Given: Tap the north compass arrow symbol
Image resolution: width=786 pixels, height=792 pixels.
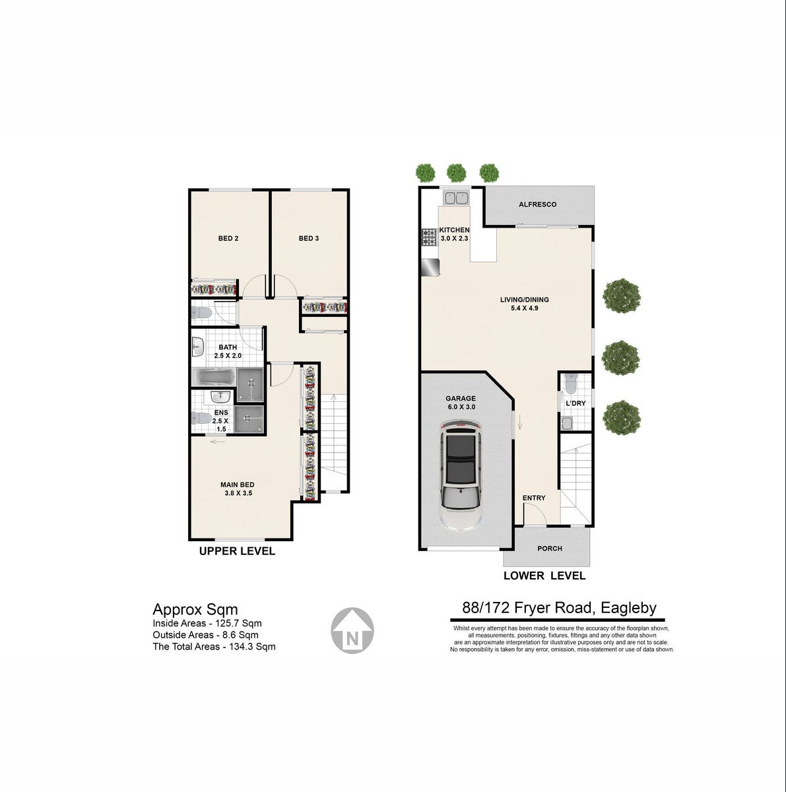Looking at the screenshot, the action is [352, 630].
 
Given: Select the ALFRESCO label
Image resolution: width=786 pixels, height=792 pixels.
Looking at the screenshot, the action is [537, 204].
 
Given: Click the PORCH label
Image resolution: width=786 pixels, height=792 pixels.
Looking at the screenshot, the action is [550, 548].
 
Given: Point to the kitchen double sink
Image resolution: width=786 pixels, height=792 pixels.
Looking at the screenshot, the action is [456, 198].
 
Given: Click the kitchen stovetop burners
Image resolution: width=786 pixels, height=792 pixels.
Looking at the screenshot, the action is [428, 238].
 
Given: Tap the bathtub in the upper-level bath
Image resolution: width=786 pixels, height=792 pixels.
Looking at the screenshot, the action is [214, 376].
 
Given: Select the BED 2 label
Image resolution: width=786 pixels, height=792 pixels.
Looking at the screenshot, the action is [228, 238].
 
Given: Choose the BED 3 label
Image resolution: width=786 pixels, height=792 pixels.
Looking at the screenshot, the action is [309, 238].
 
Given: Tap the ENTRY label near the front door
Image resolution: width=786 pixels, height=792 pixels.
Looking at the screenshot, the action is [534, 498].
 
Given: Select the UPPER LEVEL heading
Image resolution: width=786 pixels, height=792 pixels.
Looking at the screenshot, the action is [237, 551].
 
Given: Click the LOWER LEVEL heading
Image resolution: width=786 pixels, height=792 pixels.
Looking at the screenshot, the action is [544, 576].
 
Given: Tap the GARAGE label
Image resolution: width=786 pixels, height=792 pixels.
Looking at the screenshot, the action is [461, 398].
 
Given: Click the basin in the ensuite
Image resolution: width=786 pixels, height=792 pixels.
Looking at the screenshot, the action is [221, 397].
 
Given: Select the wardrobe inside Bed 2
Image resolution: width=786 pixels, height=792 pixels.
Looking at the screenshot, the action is [214, 288].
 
